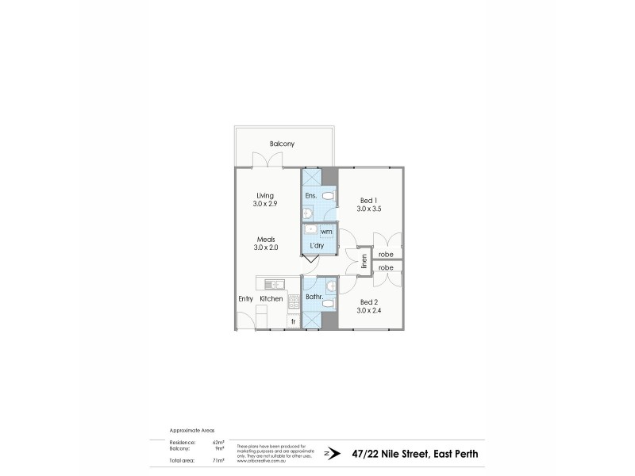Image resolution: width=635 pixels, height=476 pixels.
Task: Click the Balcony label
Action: [x=282, y=144]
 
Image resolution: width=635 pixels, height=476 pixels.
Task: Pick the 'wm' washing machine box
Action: [x=325, y=232]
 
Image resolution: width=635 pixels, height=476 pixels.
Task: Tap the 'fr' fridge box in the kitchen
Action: [x=293, y=321]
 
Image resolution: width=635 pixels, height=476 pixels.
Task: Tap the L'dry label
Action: [x=317, y=247]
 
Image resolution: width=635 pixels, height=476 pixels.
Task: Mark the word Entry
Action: [x=245, y=299]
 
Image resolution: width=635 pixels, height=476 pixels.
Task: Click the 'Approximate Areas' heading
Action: [x=187, y=429]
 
